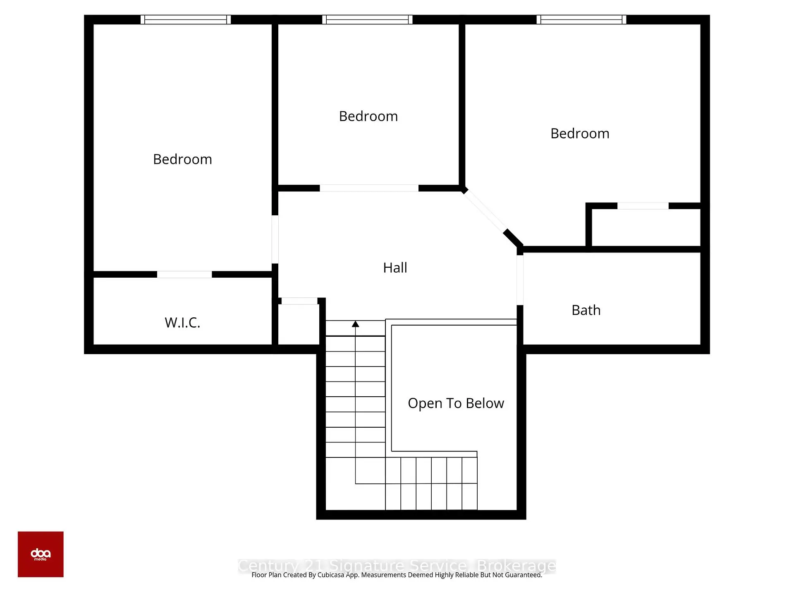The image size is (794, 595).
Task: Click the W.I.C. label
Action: click(x=182, y=323)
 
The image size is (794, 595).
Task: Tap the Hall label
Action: click(x=395, y=268)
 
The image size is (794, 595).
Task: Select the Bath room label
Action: click(x=586, y=310)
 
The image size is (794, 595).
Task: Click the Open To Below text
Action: click(x=456, y=403)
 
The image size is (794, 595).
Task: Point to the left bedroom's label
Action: click(x=182, y=159)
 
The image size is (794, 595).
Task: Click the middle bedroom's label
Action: click(x=368, y=117)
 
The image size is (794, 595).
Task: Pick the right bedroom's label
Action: click(x=580, y=134)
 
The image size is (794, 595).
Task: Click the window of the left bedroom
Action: click(x=186, y=19)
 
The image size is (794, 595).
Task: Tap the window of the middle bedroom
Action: click(x=367, y=19)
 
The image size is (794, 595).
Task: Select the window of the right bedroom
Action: click(x=581, y=19)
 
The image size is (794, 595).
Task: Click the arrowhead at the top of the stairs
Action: click(x=355, y=324)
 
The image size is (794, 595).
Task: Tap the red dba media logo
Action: click(x=41, y=554)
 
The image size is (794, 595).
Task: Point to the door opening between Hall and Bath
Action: click(x=520, y=280)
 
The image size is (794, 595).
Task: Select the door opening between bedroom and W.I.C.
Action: click(x=184, y=274)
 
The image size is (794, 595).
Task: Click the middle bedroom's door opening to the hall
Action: click(x=369, y=188)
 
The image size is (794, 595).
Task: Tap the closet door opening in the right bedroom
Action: click(x=643, y=206)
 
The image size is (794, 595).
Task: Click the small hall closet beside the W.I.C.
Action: click(x=299, y=324)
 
